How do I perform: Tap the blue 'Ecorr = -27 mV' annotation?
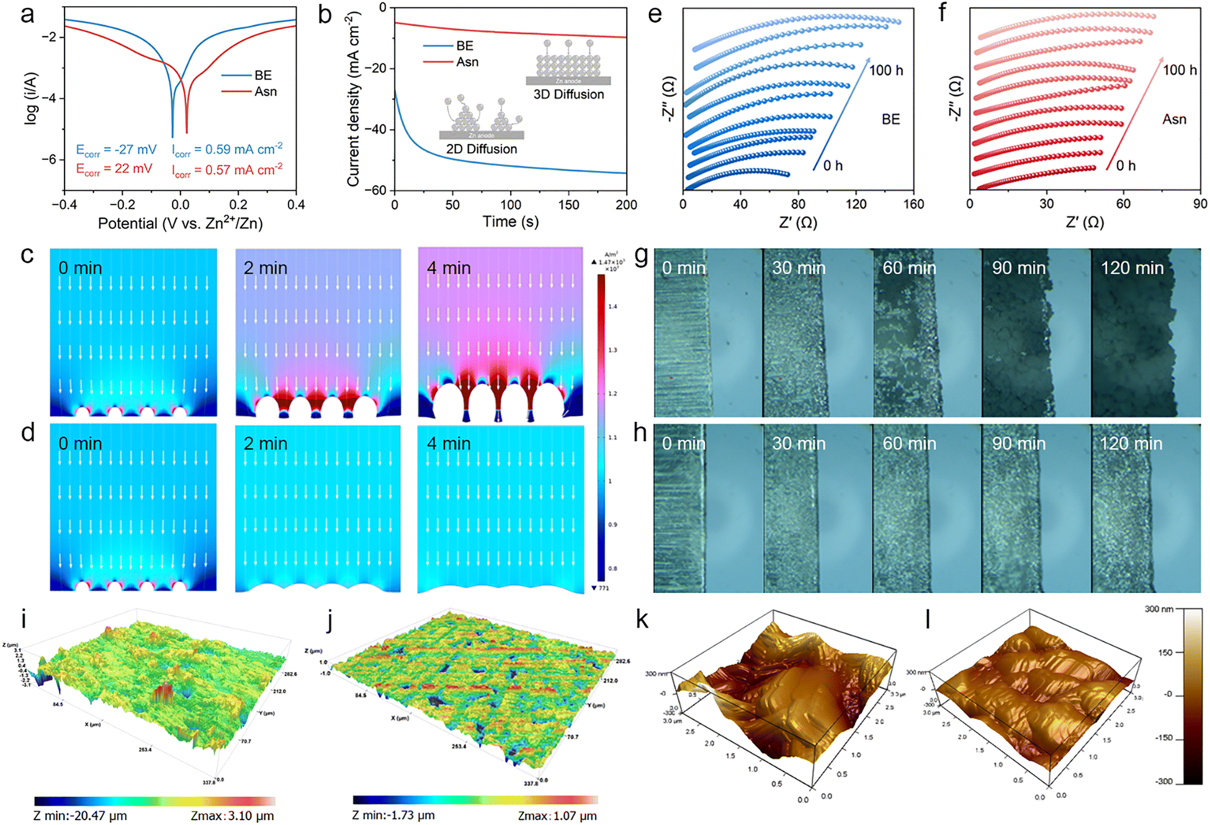(x=116, y=150)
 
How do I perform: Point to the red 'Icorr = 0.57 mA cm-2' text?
(x=227, y=170)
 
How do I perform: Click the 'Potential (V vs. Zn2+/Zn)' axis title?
(x=180, y=224)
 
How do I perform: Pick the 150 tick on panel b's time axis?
(x=568, y=205)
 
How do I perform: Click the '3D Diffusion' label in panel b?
(x=568, y=95)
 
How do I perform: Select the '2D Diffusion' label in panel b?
(x=482, y=149)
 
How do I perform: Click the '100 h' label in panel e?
(x=885, y=71)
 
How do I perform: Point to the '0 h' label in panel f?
(x=1126, y=166)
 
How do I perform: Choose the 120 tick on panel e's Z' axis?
(x=856, y=205)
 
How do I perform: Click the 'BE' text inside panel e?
(x=890, y=120)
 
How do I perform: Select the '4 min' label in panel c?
(x=449, y=268)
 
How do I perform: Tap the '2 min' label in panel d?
(x=266, y=444)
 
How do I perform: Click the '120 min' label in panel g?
(x=1132, y=268)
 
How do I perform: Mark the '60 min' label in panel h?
(x=909, y=444)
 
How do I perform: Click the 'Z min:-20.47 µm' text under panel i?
(x=80, y=816)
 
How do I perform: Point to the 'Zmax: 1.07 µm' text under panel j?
(x=557, y=816)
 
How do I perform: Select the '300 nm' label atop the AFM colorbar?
(x=1158, y=609)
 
